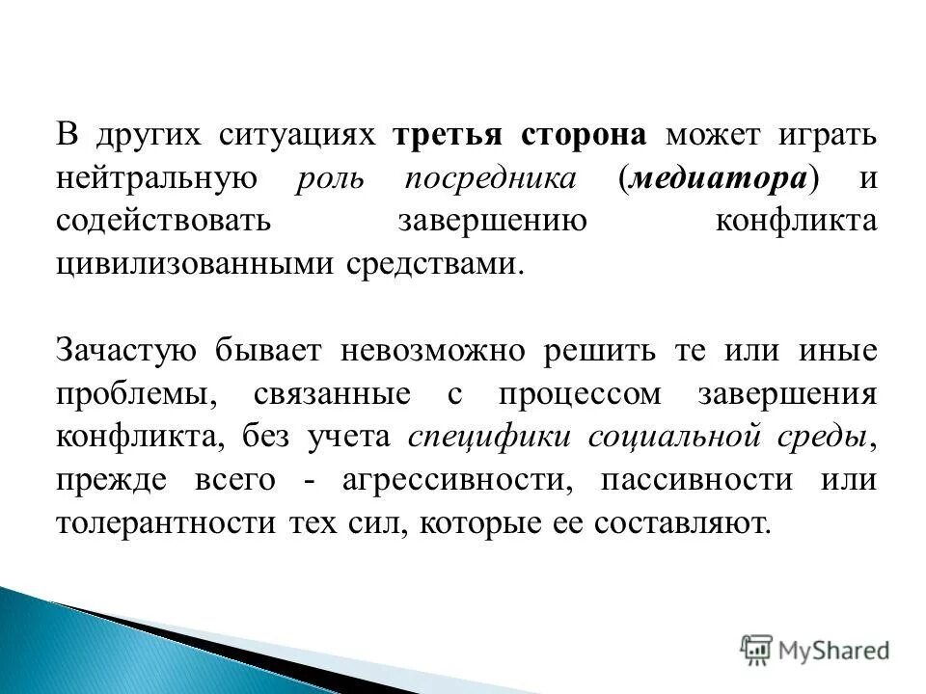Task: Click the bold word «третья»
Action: click(x=450, y=135)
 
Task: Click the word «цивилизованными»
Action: click(x=195, y=263)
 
